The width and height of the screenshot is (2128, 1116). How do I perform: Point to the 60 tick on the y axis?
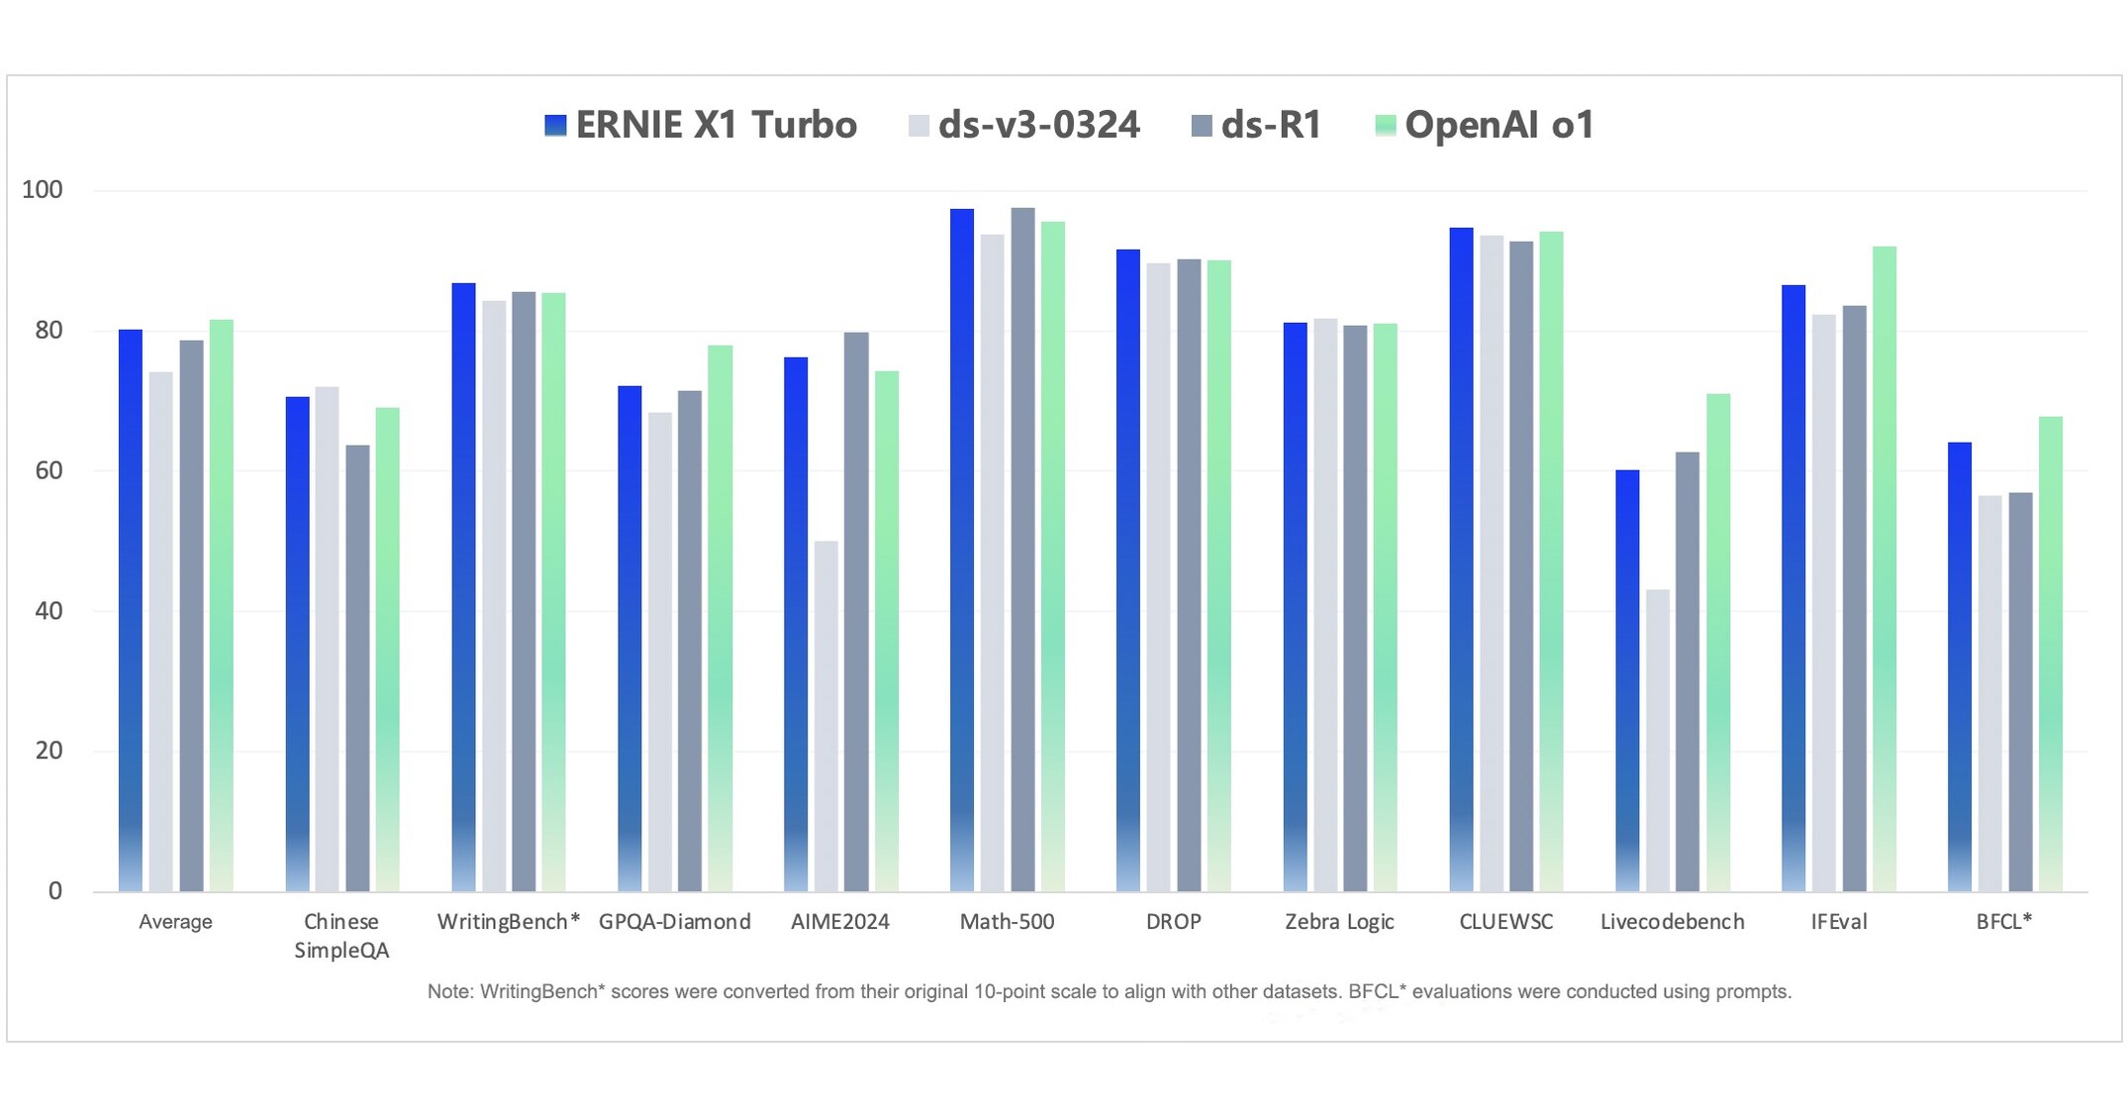tap(48, 471)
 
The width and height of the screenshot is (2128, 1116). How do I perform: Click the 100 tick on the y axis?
tap(43, 190)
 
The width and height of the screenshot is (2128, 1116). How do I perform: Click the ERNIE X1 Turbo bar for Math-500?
tap(962, 550)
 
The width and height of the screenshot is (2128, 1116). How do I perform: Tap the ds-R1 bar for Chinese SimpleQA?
tap(357, 668)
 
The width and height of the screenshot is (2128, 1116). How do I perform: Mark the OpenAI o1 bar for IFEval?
tap(1885, 568)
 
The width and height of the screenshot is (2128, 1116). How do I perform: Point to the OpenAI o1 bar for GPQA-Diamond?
tap(721, 618)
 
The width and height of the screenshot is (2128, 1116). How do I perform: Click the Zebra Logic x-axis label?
tap(1339, 922)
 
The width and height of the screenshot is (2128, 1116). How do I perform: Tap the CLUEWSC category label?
tap(1505, 922)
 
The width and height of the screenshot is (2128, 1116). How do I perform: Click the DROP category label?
tap(1173, 922)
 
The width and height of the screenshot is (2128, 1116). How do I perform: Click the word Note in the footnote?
tap(449, 992)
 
